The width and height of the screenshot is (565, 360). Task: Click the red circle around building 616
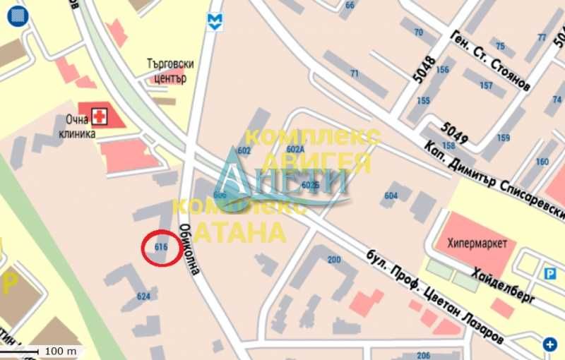(x=160, y=248)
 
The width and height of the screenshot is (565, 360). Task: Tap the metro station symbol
(x=213, y=21)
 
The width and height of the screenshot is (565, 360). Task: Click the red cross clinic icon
(x=100, y=115)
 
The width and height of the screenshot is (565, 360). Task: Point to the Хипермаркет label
(x=477, y=244)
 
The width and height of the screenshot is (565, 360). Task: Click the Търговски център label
(x=169, y=71)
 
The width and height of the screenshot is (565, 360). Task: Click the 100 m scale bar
(x=49, y=350)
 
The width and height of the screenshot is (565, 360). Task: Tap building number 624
(x=143, y=296)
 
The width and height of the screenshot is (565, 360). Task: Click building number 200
(x=334, y=260)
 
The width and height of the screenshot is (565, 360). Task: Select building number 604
(x=391, y=196)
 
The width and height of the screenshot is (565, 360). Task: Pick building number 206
(x=424, y=355)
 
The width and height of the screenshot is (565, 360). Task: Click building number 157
(x=486, y=85)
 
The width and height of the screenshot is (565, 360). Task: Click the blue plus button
(x=550, y=344)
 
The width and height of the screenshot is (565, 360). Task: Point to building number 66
(x=350, y=5)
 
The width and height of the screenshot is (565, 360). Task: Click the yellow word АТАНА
(x=240, y=231)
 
